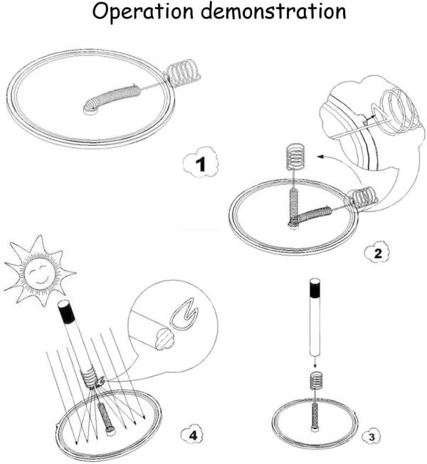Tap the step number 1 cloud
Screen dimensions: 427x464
(201, 163)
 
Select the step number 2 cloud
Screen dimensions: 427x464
(377, 253)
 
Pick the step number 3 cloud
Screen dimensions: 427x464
(371, 437)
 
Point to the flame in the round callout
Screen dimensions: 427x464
(184, 317)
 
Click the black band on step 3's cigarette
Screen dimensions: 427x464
(315, 288)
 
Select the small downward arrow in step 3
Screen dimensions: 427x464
(315, 363)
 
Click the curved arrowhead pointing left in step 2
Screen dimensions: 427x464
(320, 157)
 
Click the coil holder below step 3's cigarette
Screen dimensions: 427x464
(316, 381)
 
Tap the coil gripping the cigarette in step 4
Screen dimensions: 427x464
(89, 377)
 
